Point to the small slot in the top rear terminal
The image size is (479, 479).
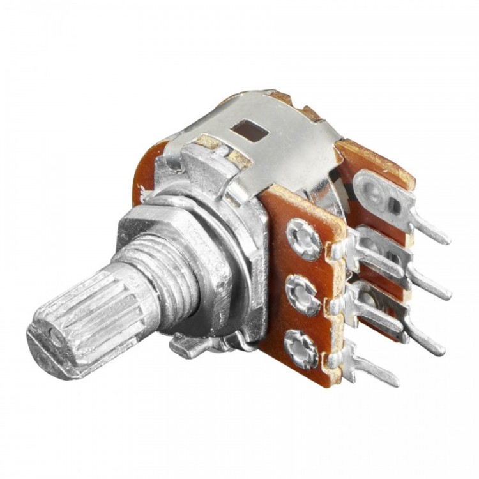point(394,205)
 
